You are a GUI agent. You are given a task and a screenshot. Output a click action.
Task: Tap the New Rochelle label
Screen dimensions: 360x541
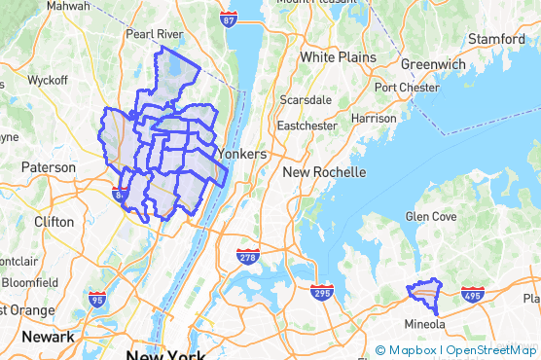324,172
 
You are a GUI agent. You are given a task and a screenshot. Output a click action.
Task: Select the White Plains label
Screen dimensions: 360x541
338,57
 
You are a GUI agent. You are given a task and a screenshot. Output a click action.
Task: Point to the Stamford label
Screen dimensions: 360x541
496,39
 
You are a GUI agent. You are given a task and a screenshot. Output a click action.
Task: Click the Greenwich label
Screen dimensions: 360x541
432,64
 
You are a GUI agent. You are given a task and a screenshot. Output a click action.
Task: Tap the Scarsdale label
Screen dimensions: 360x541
306,100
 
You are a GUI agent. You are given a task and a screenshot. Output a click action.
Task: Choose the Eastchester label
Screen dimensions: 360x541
307,126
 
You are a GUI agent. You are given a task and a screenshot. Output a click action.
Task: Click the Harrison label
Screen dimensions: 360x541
374,119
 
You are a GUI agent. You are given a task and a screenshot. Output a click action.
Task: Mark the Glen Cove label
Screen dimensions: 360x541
430,216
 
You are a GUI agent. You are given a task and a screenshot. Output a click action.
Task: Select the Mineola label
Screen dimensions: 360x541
424,324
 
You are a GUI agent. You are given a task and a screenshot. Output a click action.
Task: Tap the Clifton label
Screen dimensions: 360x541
53,222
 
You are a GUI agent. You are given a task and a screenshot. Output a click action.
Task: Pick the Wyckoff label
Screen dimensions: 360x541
48,80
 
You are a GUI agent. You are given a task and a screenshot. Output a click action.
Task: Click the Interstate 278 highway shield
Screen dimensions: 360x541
247,256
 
